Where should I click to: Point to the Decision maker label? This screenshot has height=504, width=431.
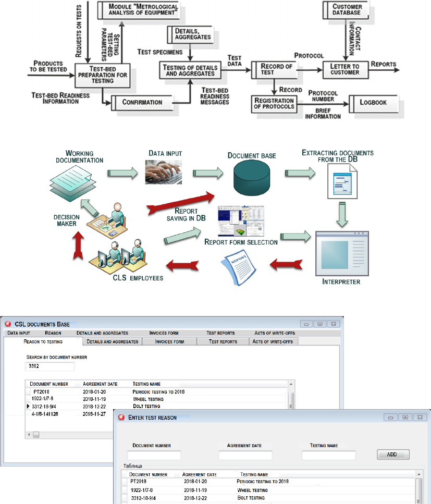coord(67,219)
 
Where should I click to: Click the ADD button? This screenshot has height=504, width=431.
coord(392,454)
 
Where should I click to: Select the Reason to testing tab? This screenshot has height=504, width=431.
coord(43,341)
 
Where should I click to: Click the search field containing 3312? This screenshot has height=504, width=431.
coord(51,367)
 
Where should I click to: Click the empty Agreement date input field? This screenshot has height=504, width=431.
coord(245,455)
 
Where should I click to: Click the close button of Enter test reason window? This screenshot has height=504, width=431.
coord(420,417)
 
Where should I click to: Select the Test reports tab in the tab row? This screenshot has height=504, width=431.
coord(223,341)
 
